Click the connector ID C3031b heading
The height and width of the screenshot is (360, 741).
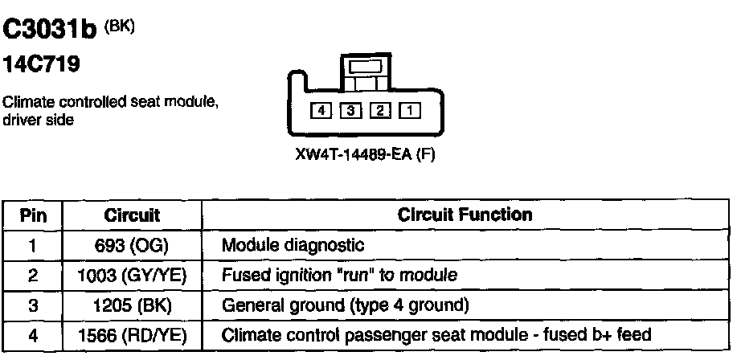point(50,31)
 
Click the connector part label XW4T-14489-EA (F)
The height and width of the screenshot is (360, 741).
point(365,155)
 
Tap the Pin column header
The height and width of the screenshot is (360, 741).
point(33,215)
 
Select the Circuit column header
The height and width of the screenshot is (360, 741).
point(132,215)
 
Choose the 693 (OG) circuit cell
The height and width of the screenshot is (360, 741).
point(132,245)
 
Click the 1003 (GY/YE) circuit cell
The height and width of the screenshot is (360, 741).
point(132,276)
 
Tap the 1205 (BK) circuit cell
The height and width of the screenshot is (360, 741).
point(132,305)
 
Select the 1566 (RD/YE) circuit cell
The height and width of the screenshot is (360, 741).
point(132,335)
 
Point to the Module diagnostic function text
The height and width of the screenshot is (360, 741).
point(293,245)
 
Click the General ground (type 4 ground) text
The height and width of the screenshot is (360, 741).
point(345,305)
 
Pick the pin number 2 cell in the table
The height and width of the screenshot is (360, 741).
point(33,276)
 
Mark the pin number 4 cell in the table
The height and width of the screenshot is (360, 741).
point(33,335)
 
